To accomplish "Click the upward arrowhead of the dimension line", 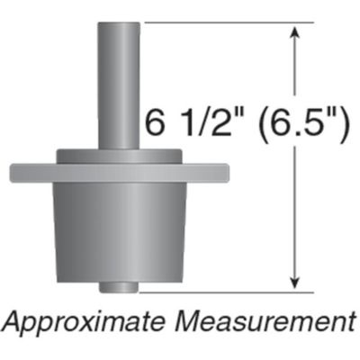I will tap(293, 31).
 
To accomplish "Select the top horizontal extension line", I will tap(216, 22).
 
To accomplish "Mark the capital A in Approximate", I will tap(15, 321).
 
